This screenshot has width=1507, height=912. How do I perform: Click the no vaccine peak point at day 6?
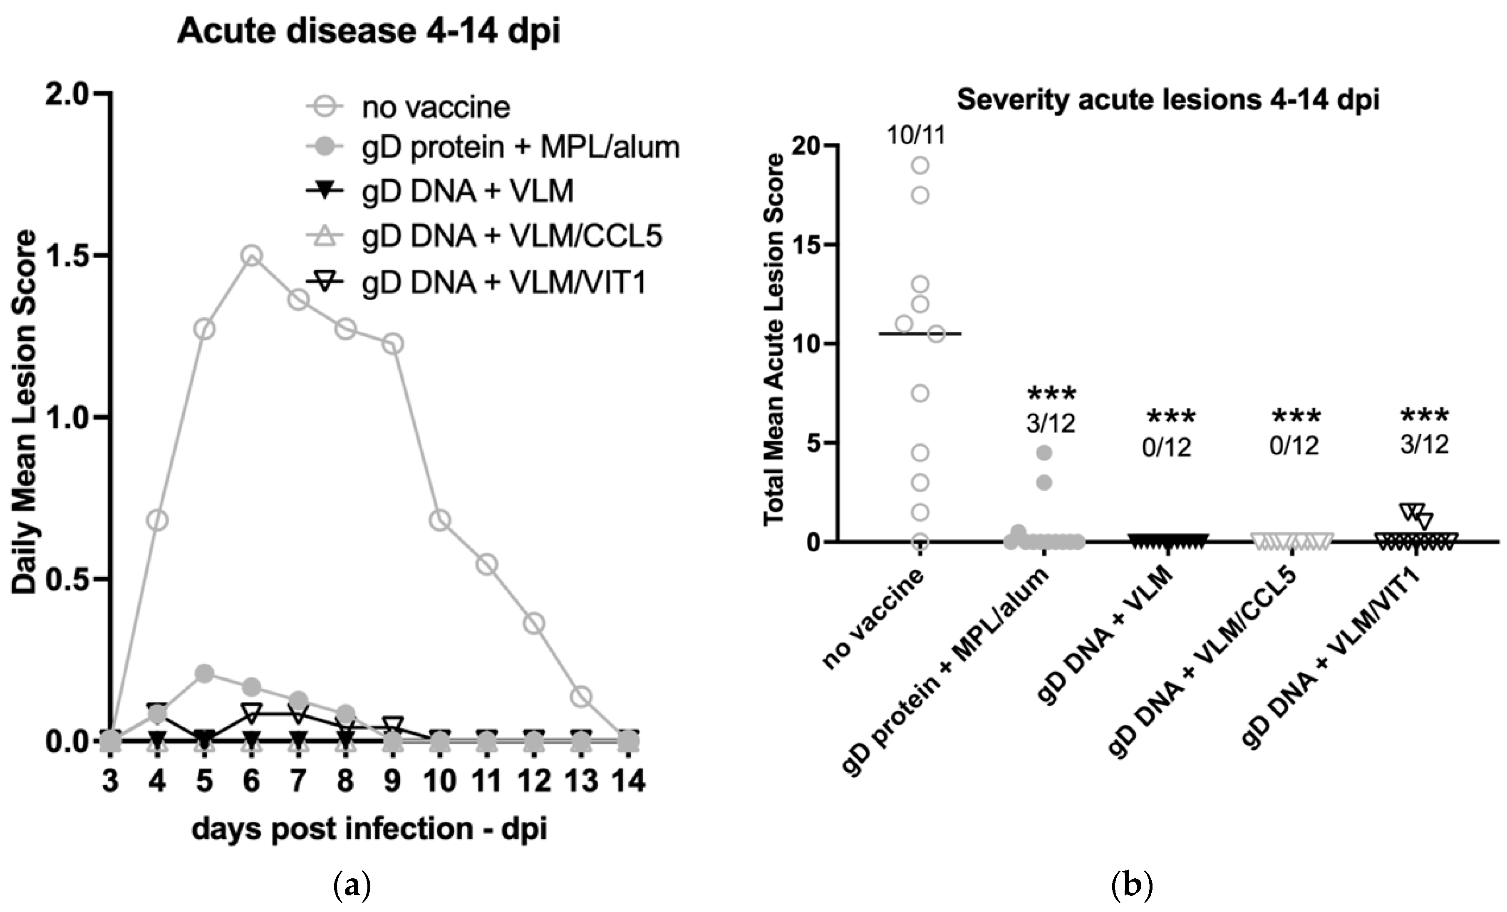pyautogui.click(x=251, y=255)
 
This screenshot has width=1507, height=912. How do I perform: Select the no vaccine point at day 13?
pyautogui.click(x=582, y=696)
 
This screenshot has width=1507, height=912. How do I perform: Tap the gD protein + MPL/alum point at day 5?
pyautogui.click(x=204, y=674)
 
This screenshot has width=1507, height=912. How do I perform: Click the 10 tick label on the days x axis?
pyautogui.click(x=440, y=781)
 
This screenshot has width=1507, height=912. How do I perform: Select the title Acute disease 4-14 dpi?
pyautogui.click(x=368, y=30)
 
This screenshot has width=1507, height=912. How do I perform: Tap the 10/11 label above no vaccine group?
pyautogui.click(x=916, y=135)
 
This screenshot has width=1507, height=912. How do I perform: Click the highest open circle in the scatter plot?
pyautogui.click(x=920, y=165)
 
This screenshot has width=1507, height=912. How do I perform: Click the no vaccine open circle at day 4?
pyautogui.click(x=157, y=521)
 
